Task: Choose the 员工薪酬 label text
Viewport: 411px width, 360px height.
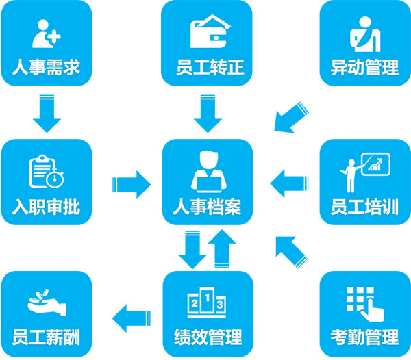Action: point(46,337)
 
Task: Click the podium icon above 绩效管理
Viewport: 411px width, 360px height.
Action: point(208,302)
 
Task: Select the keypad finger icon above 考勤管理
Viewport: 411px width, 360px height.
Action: point(364,302)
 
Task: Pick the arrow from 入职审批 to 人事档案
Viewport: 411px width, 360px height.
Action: point(130,183)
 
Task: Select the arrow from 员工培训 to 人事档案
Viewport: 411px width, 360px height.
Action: point(288,183)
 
